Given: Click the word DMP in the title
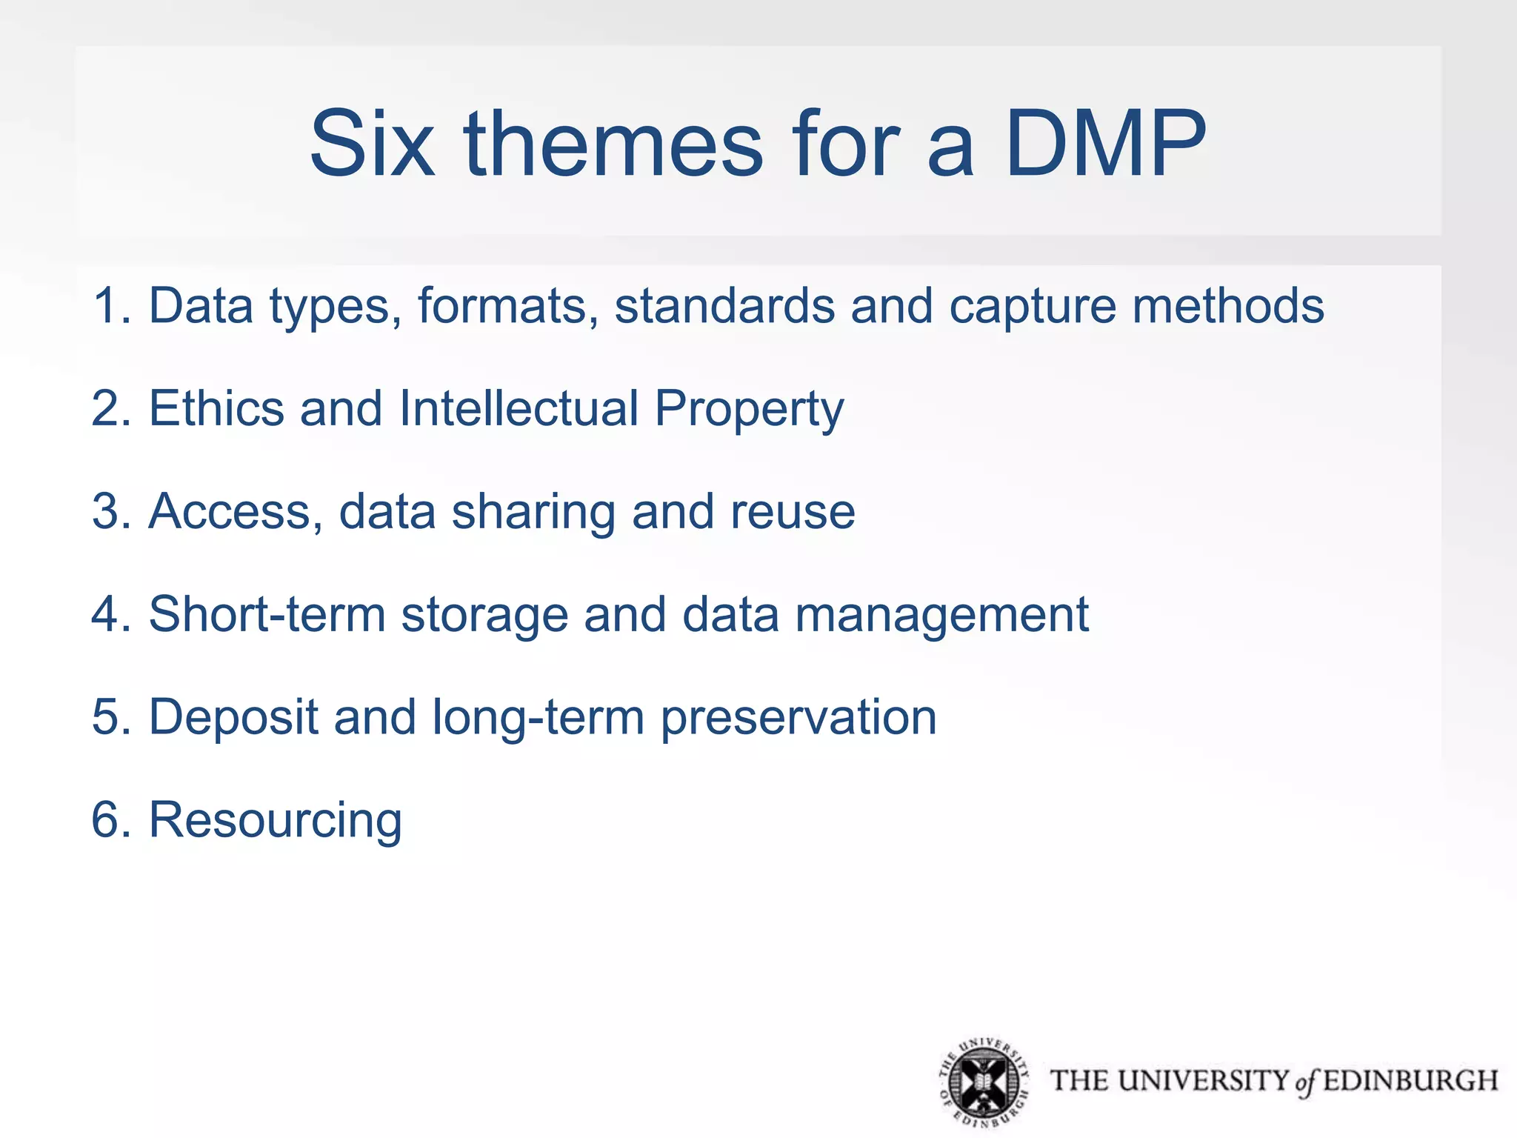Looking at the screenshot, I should (x=1105, y=144).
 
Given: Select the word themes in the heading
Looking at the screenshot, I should (x=613, y=144).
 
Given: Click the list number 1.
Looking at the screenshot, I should (x=108, y=305).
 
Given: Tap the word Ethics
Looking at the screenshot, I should (x=216, y=408).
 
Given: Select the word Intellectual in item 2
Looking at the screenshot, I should (x=519, y=408).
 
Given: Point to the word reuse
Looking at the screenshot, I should (x=793, y=512).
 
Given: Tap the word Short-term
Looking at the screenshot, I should (x=267, y=614).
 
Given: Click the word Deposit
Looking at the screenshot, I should (x=233, y=719).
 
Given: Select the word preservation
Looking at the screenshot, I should (x=798, y=719).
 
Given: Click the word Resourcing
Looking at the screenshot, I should (x=276, y=821).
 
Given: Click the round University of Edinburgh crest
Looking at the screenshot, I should (x=984, y=1082).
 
